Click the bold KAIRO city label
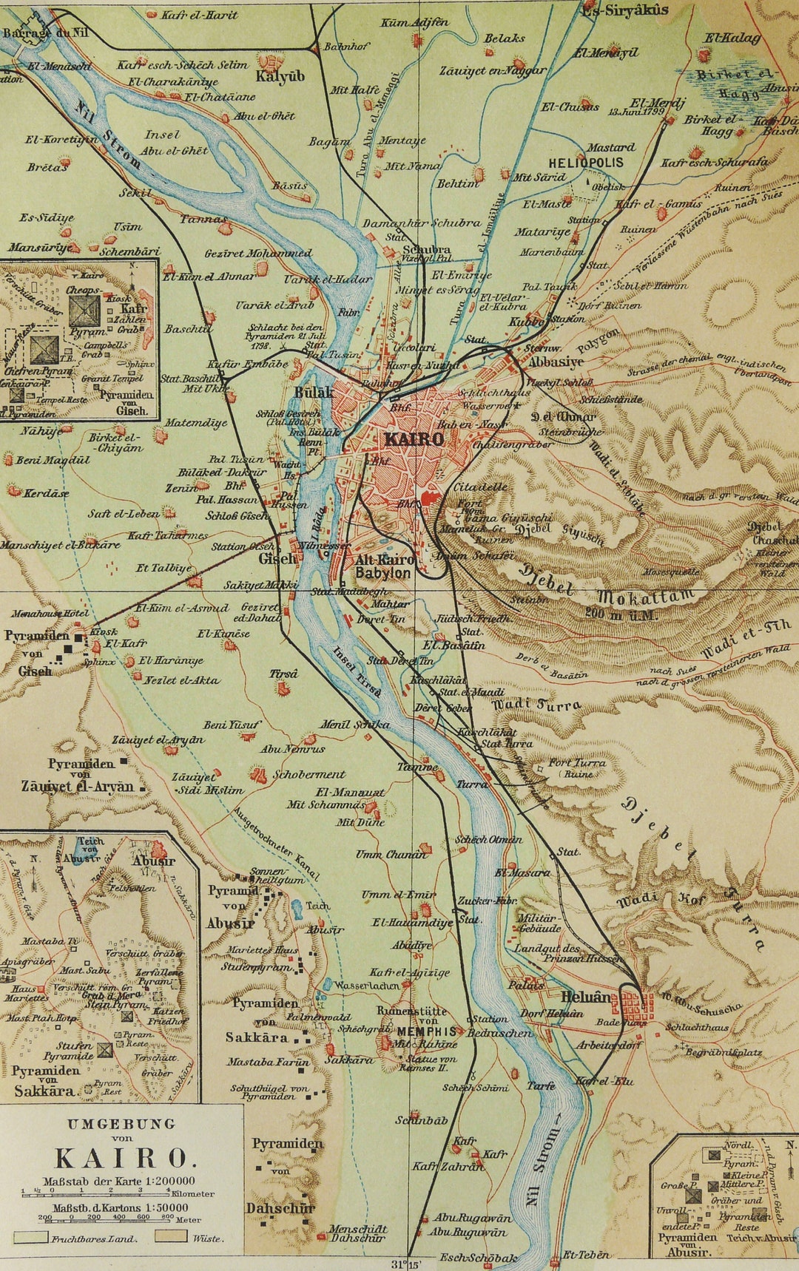point(414,439)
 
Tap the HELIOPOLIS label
point(586,163)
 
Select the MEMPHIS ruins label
point(427,1031)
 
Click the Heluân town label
point(586,996)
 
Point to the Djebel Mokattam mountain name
point(607,588)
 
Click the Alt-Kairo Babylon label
point(382,566)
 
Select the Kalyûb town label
point(280,76)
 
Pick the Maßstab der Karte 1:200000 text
point(119,1181)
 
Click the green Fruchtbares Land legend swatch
point(30,1237)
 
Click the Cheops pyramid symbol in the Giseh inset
point(84,311)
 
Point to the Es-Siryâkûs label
point(625,10)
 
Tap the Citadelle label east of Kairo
point(480,487)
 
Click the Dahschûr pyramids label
point(280,1207)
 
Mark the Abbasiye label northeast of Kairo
point(555,362)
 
